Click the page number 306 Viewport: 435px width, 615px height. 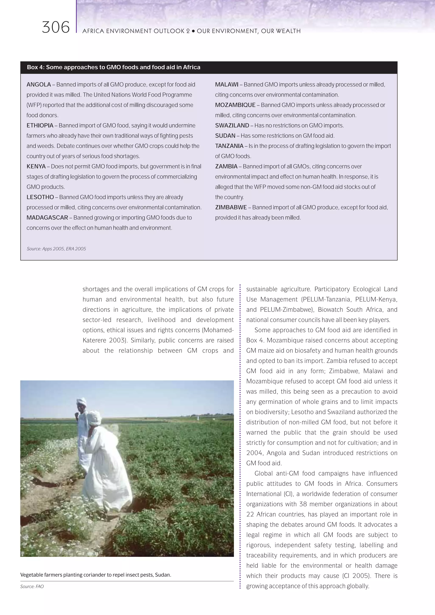pos(56,28)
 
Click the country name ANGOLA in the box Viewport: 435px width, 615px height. pos(39,85)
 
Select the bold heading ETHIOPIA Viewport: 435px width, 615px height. pos(40,126)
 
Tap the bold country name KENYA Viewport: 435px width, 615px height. pos(36,167)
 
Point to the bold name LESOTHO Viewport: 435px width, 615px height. pos(40,197)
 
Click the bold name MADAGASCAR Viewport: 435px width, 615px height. pos(47,218)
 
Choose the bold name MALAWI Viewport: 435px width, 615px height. pos(227,85)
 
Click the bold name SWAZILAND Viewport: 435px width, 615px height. pos(232,126)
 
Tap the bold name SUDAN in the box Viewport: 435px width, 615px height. pos(225,136)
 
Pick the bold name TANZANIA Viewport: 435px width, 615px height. pos(229,146)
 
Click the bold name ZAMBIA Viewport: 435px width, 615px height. pos(226,167)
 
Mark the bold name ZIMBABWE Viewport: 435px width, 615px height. pos(231,208)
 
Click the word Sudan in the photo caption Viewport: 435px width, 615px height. pos(162,575)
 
